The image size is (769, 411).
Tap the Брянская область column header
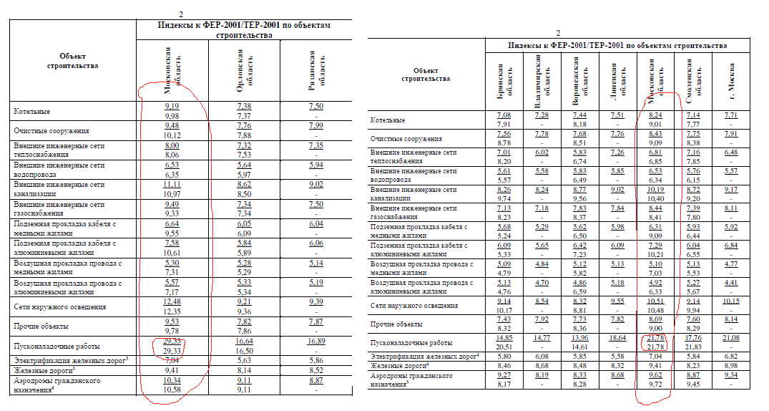click(x=506, y=81)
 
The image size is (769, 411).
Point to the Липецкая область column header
click(x=617, y=81)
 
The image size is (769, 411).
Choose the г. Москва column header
click(x=731, y=81)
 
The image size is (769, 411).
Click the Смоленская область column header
click(x=693, y=81)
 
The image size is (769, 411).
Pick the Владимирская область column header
click(x=542, y=81)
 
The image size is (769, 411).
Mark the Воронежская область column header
click(x=581, y=81)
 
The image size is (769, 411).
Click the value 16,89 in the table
click(x=316, y=342)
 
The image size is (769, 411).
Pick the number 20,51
click(x=505, y=346)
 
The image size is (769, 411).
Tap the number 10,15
click(x=730, y=301)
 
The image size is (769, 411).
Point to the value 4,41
click(x=730, y=283)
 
